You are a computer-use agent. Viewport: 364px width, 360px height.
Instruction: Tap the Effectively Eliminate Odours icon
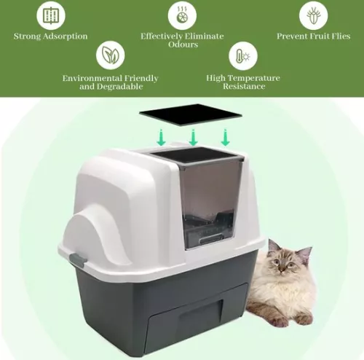182,15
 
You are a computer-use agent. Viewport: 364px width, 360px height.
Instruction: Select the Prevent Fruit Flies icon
313,15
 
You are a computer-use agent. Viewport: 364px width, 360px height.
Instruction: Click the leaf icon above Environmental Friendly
110,55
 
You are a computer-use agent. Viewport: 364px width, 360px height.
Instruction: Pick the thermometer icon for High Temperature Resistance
242,55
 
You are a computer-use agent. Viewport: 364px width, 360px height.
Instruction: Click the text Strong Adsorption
50,36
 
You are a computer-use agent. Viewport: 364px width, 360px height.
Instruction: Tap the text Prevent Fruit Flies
314,36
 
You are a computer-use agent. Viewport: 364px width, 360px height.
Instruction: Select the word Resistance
242,87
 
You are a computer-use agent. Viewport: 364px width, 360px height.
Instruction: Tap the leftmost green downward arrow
161,138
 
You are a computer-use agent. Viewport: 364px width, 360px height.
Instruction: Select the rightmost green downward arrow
226,136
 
